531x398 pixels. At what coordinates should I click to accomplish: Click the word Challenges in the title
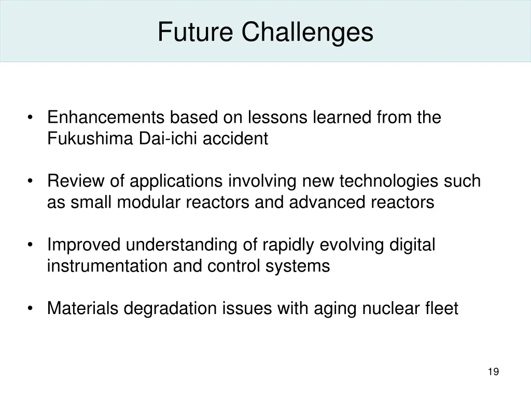pos(306,32)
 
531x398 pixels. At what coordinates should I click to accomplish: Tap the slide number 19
pos(493,372)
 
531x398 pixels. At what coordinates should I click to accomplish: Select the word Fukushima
pos(90,139)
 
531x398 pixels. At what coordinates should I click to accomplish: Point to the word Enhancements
pos(106,118)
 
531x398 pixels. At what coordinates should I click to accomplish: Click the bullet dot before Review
pos(32,181)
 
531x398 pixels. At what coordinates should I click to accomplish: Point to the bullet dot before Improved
pos(32,245)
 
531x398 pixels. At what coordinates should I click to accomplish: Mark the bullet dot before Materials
pos(32,309)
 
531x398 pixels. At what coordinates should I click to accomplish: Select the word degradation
pos(171,309)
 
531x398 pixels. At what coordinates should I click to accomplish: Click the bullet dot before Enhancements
pos(32,118)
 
